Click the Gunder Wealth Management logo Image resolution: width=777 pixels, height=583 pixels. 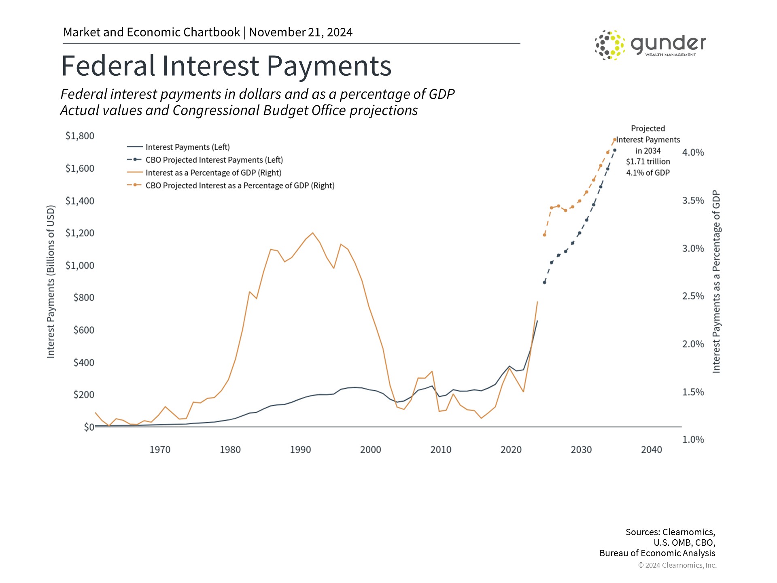click(x=650, y=45)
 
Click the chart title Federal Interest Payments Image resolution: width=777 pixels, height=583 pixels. click(x=226, y=66)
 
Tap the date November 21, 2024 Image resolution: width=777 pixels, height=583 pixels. click(x=301, y=32)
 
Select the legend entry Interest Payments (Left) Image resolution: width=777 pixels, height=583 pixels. click(x=187, y=147)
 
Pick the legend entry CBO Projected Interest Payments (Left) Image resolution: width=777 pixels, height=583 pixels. click(x=214, y=160)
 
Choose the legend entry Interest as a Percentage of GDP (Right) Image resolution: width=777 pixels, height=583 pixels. click(x=213, y=173)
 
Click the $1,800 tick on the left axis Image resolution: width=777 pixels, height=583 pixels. click(x=80, y=136)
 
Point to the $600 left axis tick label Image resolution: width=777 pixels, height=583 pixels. click(x=83, y=330)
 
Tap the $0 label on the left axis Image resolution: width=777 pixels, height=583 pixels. click(x=89, y=427)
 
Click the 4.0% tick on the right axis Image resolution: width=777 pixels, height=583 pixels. click(x=693, y=153)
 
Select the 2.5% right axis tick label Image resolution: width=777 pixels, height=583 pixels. click(x=693, y=296)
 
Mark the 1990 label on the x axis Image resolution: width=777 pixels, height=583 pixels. click(x=300, y=450)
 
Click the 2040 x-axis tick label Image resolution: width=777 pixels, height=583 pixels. click(x=651, y=450)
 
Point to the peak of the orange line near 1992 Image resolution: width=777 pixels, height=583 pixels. click(x=312, y=233)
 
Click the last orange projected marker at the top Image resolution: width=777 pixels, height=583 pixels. click(x=614, y=140)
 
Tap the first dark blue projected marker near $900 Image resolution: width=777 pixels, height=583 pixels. click(x=544, y=282)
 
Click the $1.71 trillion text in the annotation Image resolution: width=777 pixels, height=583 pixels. click(x=647, y=162)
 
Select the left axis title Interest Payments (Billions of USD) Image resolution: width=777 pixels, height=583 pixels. click(x=51, y=281)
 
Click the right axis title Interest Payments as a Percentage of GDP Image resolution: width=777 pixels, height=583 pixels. click(x=716, y=281)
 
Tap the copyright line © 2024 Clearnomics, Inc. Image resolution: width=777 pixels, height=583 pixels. click(x=677, y=565)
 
